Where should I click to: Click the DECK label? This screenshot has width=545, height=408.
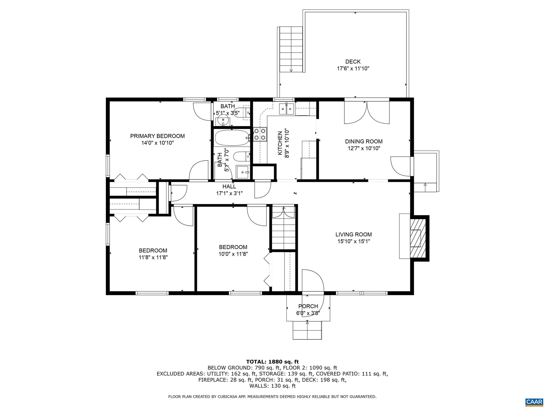353,62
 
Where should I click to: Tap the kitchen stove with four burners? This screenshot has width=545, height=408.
260,134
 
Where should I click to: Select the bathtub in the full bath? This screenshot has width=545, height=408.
232,138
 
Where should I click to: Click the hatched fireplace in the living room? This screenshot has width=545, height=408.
417,238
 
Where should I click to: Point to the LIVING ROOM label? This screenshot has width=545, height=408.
353,235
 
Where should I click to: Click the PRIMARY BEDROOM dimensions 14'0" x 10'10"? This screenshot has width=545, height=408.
157,143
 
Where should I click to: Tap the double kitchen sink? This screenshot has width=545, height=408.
286,109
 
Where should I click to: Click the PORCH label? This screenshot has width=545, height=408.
308,306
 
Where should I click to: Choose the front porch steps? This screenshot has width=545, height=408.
307,330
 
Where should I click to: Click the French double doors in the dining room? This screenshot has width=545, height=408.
367,113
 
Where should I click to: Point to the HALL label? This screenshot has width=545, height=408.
229,187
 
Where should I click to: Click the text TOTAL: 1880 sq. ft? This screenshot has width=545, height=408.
272,362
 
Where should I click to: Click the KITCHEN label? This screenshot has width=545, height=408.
280,143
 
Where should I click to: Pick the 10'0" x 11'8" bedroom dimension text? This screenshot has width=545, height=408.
233,254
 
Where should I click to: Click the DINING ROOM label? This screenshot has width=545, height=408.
364,142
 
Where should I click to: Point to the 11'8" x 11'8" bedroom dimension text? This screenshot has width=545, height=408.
153,257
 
